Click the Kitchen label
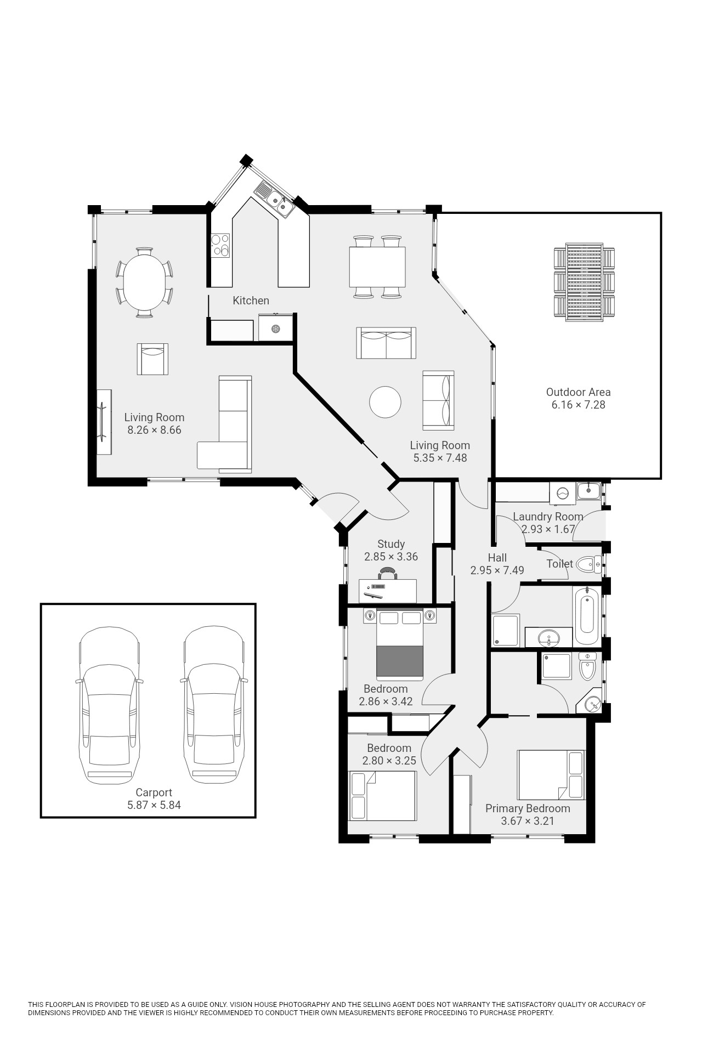(251, 301)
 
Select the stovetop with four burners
(220, 245)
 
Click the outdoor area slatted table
(584, 282)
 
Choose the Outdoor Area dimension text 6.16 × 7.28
(578, 405)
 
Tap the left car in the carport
(109, 706)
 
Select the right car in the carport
(214, 706)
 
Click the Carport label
(154, 792)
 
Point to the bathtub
(586, 616)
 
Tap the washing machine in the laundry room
(563, 492)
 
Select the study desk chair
(388, 574)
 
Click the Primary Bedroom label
(528, 808)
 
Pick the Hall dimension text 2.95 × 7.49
(497, 570)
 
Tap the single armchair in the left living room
(152, 359)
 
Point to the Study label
(391, 544)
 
